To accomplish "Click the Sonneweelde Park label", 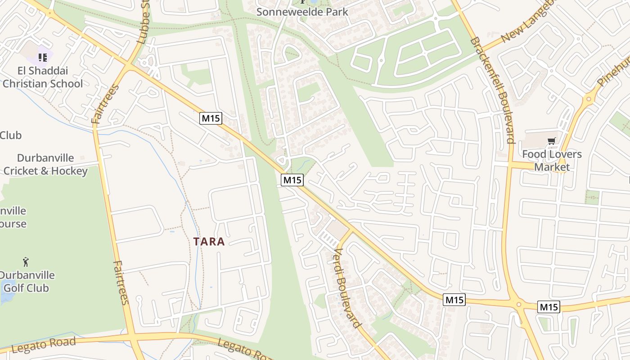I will [302, 12].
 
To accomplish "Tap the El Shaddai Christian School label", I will [43, 77].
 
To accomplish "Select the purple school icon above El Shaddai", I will [43, 57].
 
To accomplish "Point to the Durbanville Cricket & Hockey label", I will [45, 164].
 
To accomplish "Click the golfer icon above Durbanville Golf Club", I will [26, 261].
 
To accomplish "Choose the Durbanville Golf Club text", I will [27, 281].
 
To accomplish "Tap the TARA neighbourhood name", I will [209, 242].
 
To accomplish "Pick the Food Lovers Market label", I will [552, 160].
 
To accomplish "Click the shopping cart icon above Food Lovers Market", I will [552, 141].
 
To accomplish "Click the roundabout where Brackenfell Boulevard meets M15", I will [519, 305].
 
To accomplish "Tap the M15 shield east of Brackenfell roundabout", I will [548, 307].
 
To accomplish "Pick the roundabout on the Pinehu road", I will [588, 99].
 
